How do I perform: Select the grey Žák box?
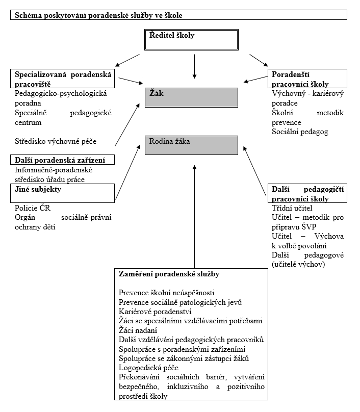pyautogui.click(x=191, y=97)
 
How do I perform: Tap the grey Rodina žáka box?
pyautogui.click(x=191, y=145)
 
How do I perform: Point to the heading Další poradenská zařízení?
pyautogui.click(x=62, y=160)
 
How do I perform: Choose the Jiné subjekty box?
pyautogui.click(x=62, y=193)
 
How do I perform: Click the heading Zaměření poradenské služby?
pyautogui.click(x=169, y=274)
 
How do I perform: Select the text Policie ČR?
pyautogui.click(x=33, y=208)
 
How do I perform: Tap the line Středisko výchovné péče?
pyautogui.click(x=56, y=141)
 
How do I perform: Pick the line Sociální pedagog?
pyautogui.click(x=299, y=132)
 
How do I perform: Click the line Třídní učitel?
pyautogui.click(x=292, y=208)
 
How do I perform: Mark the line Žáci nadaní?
pyautogui.click(x=139, y=330)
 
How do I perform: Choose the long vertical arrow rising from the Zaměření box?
pyautogui.click(x=194, y=214)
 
